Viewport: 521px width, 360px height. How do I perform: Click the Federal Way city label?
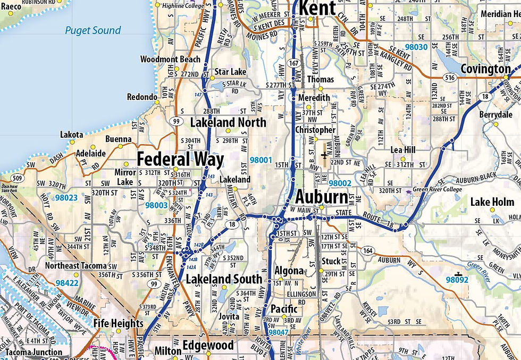click(x=180, y=159)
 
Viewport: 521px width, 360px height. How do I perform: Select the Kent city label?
click(x=317, y=7)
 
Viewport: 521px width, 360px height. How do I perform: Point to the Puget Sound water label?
click(x=93, y=30)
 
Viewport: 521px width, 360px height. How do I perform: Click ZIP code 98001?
click(x=260, y=160)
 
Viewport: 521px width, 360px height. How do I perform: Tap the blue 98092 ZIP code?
click(x=458, y=279)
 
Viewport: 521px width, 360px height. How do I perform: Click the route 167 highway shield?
click(x=293, y=62)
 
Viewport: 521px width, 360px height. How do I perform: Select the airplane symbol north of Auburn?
click(x=325, y=155)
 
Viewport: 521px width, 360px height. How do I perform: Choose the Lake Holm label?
click(x=492, y=202)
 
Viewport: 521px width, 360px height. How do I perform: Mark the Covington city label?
click(x=485, y=69)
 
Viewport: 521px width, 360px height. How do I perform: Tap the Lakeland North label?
click(x=228, y=123)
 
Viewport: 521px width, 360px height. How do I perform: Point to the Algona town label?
click(x=289, y=271)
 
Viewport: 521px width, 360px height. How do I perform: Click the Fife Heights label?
click(x=119, y=323)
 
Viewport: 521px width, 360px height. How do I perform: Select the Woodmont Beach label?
click(x=170, y=59)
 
